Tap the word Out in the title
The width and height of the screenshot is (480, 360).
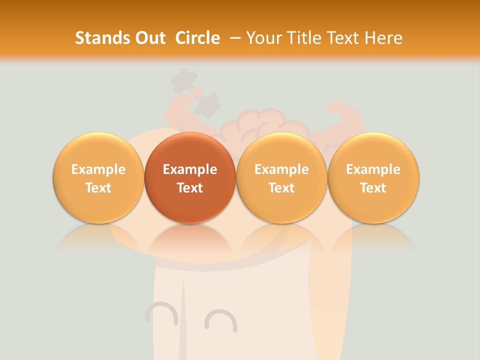149,38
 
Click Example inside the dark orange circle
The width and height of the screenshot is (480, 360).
189,169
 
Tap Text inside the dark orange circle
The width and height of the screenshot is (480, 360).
189,188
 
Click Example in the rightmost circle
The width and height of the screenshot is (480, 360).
373,169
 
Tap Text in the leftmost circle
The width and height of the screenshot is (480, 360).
98,188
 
